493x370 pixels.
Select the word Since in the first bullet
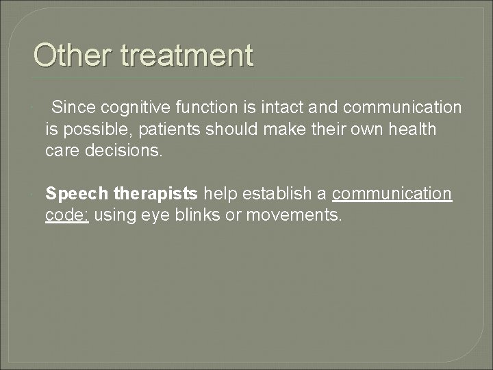pyautogui.click(x=73, y=108)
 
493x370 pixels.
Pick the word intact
pyautogui.click(x=267, y=108)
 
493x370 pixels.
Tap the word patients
pyautogui.click(x=158, y=129)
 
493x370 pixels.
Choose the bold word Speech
pyautogui.click(x=72, y=194)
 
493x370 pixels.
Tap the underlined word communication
pyautogui.click(x=392, y=194)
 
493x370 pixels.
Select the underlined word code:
pyautogui.click(x=67, y=215)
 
